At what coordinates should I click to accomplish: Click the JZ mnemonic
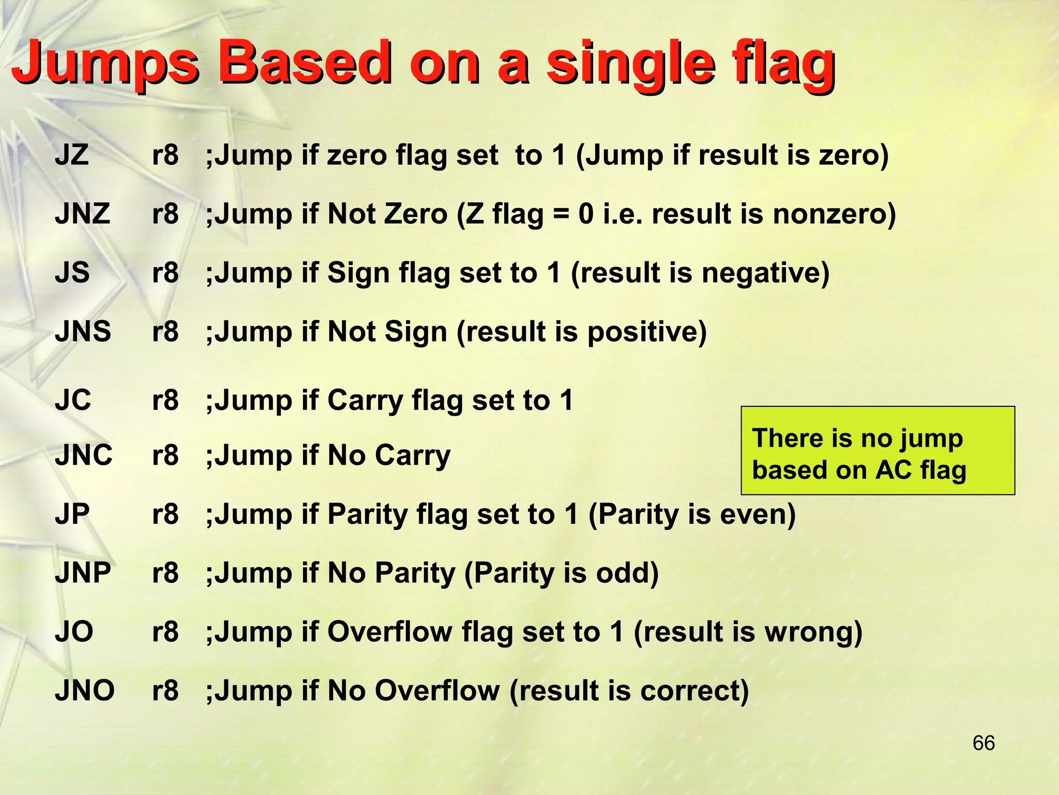[72, 155]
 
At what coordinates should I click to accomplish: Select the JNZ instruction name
[83, 214]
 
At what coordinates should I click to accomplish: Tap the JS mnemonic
[72, 272]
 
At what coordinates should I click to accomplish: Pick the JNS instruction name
[83, 331]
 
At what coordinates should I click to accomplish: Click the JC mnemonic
[73, 400]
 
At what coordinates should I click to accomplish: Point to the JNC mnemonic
[84, 455]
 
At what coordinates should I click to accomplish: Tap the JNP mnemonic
[83, 573]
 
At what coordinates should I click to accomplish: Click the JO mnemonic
[74, 632]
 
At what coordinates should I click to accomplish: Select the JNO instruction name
[85, 690]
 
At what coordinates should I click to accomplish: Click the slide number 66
[984, 743]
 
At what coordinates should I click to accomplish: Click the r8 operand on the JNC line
[165, 455]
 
